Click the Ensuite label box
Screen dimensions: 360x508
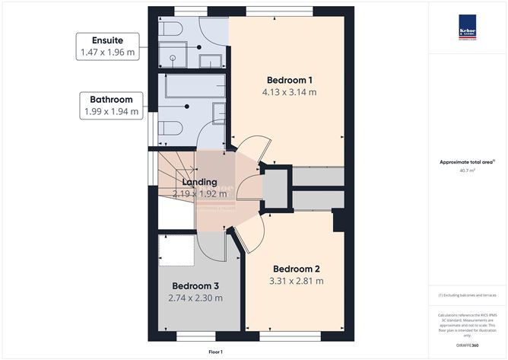click(x=107, y=46)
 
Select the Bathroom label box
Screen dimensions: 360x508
click(x=112, y=106)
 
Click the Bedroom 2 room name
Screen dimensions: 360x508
click(x=297, y=269)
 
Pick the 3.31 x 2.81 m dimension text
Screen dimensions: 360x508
click(x=297, y=281)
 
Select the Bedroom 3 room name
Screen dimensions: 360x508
click(x=195, y=286)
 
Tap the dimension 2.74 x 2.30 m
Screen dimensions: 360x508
click(x=195, y=298)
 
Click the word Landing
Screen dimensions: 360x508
click(x=199, y=183)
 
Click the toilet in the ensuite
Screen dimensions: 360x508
click(x=170, y=30)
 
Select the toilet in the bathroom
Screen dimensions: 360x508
click(x=170, y=127)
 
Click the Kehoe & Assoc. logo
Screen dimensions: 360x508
click(x=466, y=25)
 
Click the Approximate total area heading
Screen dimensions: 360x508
click(x=466, y=162)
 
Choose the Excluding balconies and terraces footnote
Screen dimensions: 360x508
click(x=466, y=295)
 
